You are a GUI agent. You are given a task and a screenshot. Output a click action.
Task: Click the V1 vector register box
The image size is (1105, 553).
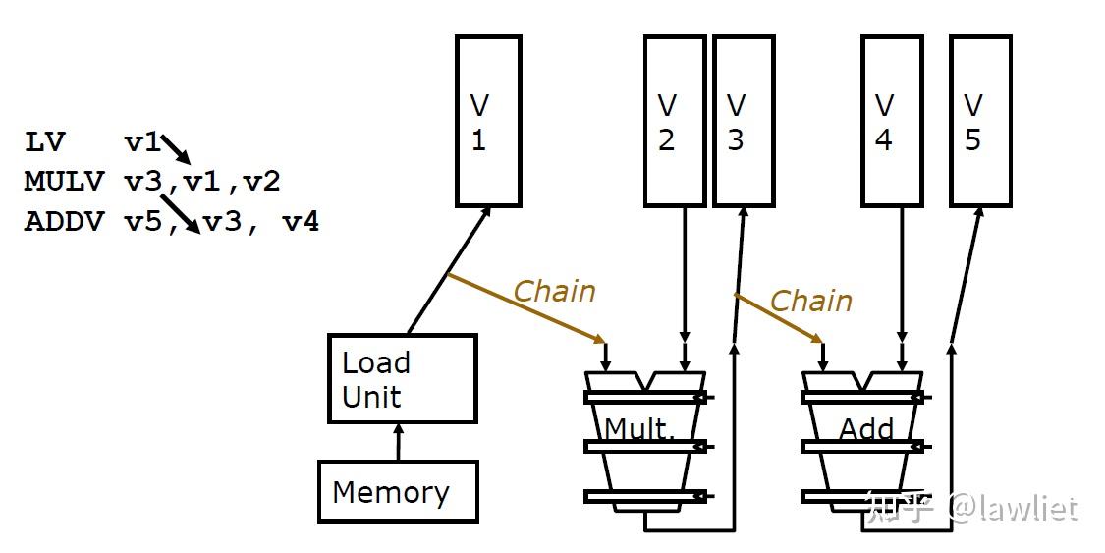click(x=488, y=121)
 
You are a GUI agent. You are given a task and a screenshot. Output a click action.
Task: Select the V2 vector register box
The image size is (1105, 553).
click(x=675, y=121)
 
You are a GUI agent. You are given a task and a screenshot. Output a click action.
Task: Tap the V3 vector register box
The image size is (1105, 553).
click(x=743, y=121)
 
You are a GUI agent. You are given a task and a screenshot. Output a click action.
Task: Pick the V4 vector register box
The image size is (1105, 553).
click(x=893, y=121)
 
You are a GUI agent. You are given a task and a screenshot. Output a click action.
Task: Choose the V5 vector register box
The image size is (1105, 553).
click(x=980, y=121)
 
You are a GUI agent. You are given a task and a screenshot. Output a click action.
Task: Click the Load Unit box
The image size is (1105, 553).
click(x=402, y=379)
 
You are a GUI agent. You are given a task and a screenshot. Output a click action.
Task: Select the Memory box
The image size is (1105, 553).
click(x=397, y=491)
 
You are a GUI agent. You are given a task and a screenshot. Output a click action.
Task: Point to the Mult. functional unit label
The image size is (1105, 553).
click(x=639, y=428)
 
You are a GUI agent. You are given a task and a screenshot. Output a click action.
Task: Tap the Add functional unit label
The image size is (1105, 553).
click(x=866, y=428)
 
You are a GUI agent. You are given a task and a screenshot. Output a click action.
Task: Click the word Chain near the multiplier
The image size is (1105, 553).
click(x=554, y=291)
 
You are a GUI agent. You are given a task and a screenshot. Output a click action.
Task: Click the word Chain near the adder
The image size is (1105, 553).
click(x=810, y=301)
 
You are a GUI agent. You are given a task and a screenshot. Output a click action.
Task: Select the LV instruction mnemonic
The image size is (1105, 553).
click(x=44, y=142)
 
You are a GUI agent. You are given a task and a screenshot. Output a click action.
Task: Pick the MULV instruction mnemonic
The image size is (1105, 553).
click(x=64, y=182)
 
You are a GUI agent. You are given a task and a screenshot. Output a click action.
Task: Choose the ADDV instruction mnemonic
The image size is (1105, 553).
click(x=64, y=221)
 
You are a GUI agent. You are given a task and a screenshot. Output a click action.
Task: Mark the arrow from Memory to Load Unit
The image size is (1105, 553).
click(x=397, y=442)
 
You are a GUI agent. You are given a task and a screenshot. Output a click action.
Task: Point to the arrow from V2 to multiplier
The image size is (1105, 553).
click(x=685, y=285)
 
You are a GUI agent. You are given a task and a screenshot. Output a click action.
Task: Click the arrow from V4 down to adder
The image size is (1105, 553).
click(x=901, y=285)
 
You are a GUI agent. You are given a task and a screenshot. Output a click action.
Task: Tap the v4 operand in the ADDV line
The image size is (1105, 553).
click(x=301, y=222)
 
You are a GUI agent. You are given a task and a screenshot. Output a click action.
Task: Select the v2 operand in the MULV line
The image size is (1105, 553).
click(x=261, y=182)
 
